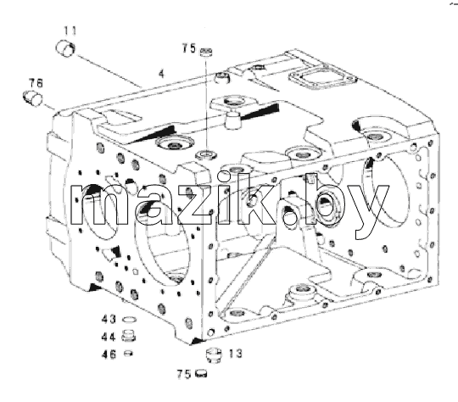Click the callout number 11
click(70, 31)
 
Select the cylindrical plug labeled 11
click(65, 48)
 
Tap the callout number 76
click(36, 83)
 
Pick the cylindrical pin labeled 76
click(32, 98)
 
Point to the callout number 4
click(161, 73)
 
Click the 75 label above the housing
click(188, 48)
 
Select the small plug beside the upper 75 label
click(206, 52)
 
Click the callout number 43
click(109, 319)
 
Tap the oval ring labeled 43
click(128, 320)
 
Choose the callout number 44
click(109, 337)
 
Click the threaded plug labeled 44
click(129, 336)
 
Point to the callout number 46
click(109, 355)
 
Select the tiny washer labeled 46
click(128, 354)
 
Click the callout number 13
click(236, 354)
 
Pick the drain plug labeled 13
click(214, 355)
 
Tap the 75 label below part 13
click(184, 374)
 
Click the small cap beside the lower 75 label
click(201, 373)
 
